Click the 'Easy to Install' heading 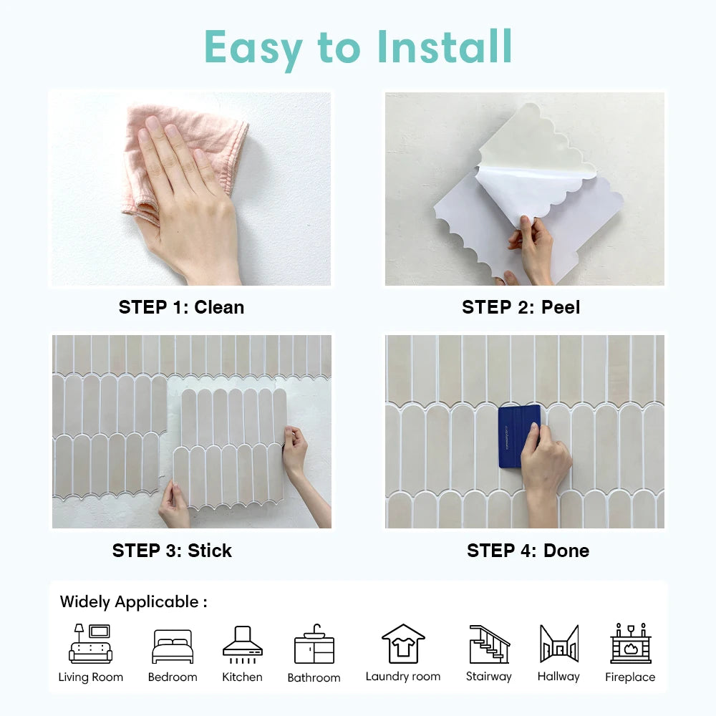pos(358,47)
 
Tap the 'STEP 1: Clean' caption pos(181,307)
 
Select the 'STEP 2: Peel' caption pos(521,307)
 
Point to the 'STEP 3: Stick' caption pos(172,551)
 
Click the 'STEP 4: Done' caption pos(528,551)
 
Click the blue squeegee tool pos(517,435)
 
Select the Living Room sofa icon pos(90,644)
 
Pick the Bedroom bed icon pos(173,647)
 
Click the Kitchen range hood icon pos(242,642)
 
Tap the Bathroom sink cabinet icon pos(314,644)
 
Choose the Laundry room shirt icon pos(403,644)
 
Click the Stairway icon pos(489,644)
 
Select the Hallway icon pos(558,644)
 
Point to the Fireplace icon pos(630,644)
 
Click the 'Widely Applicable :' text pos(133,602)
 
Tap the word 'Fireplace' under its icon pos(630,677)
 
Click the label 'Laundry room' pos(403,677)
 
